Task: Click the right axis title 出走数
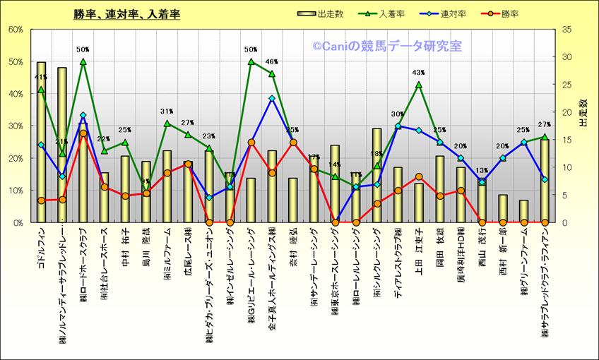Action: pos(584,113)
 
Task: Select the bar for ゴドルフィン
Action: pos(41,141)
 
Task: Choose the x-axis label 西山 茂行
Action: pos(482,244)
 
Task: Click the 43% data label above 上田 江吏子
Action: pos(418,73)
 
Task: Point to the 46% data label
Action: pos(271,62)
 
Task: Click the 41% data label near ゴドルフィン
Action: pos(40,78)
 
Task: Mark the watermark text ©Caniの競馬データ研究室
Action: pos(387,47)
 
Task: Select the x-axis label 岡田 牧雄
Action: pos(440,244)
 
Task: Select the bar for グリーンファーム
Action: pos(523,211)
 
